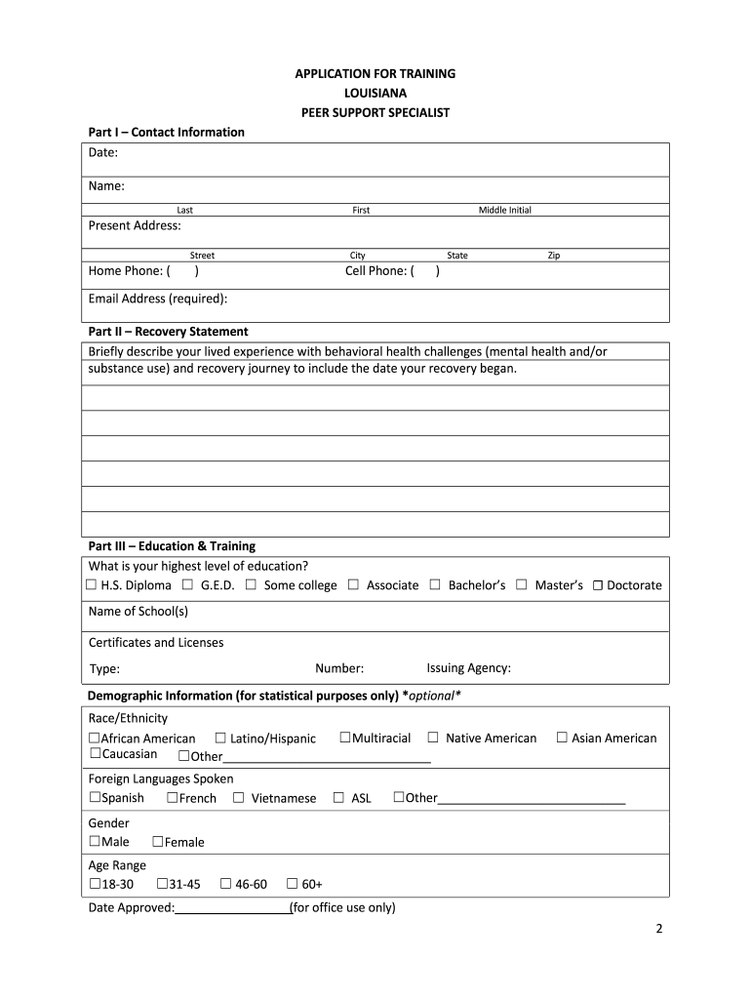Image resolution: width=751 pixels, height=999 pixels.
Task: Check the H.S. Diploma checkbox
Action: coord(91,585)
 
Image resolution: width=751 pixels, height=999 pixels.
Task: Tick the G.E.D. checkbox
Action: coord(187,585)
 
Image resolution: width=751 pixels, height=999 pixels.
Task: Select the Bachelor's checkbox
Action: coord(435,585)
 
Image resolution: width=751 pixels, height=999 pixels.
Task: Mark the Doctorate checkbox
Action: coord(598,586)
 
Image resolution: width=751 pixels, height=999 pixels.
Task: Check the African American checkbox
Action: coord(95,739)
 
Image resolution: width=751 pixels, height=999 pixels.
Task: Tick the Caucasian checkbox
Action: coord(95,754)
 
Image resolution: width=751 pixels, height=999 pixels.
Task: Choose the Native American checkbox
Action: coord(433,738)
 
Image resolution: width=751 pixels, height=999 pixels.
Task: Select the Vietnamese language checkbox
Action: coord(238,798)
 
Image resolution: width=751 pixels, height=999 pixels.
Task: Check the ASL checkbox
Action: coord(338,798)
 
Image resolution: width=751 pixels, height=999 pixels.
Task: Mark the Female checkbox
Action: coord(158,842)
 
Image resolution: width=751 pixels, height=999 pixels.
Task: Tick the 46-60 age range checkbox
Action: coord(225,884)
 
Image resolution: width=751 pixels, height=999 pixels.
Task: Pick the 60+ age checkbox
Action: coord(292,884)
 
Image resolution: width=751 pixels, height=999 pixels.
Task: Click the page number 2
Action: coord(658,930)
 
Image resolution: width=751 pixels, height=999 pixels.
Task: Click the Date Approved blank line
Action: coord(232,908)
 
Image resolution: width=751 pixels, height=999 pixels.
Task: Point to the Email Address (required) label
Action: coord(158,299)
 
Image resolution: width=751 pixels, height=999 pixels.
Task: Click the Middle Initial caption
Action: coord(504,210)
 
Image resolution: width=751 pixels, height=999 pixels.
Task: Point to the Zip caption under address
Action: coord(554,256)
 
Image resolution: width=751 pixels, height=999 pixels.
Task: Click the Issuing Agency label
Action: coord(468,668)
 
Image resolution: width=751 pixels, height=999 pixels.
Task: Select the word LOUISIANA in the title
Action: coord(375,94)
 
